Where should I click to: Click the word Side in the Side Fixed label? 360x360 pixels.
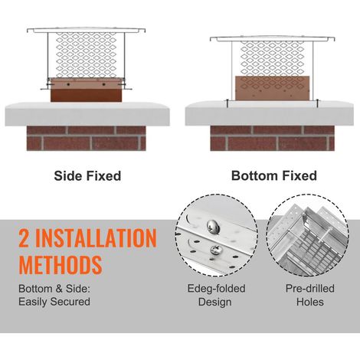[x=68, y=176]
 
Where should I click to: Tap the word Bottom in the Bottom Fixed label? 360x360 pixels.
[x=254, y=175]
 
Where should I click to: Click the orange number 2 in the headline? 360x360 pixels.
[x=24, y=238]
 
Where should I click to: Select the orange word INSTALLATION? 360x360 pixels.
[x=96, y=238]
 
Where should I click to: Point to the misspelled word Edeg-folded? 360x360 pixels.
[x=216, y=289]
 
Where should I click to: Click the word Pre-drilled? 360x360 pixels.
[x=310, y=289]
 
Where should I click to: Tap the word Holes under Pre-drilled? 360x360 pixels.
[x=310, y=302]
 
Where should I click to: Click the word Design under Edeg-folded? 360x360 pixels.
[x=215, y=302]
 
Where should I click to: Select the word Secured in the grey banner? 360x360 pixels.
[x=70, y=302]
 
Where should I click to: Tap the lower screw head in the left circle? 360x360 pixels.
[x=216, y=250]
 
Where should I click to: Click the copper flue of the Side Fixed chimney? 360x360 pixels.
[x=87, y=90]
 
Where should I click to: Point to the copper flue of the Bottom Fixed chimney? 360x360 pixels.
[x=273, y=88]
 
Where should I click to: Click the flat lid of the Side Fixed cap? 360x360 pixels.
[x=87, y=30]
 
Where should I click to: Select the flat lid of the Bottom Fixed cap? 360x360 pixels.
[x=273, y=38]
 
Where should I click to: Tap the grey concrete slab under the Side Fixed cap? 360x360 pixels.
[x=87, y=114]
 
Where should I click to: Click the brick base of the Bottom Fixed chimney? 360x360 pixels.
[x=273, y=138]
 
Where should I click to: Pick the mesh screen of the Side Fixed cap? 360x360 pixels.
[x=87, y=55]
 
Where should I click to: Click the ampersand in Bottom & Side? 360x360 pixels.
[x=59, y=289]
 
